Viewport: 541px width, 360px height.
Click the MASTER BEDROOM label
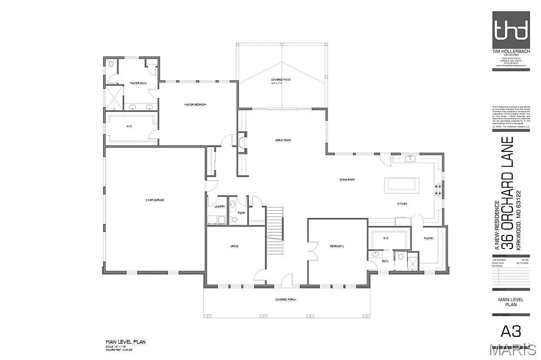[x=195, y=105]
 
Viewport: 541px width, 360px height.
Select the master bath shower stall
[x=114, y=97]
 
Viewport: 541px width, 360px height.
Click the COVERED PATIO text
[x=281, y=80]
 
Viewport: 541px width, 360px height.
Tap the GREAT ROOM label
[x=283, y=140]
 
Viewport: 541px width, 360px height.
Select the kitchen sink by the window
[x=410, y=158]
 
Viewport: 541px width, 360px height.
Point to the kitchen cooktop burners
[x=437, y=189]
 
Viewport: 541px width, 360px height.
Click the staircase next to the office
[x=275, y=232]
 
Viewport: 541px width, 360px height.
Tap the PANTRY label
[x=428, y=238]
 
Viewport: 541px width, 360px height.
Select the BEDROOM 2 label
[x=338, y=247]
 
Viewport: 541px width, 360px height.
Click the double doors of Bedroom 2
[x=312, y=249]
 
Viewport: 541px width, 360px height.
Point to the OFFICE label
[x=235, y=247]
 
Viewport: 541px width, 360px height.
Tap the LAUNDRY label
[x=220, y=207]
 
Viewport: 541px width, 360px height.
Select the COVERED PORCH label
[x=285, y=299]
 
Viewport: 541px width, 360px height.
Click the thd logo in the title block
[x=510, y=30]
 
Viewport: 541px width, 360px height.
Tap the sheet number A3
[x=510, y=331]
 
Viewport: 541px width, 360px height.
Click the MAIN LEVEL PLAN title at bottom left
[x=125, y=342]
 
